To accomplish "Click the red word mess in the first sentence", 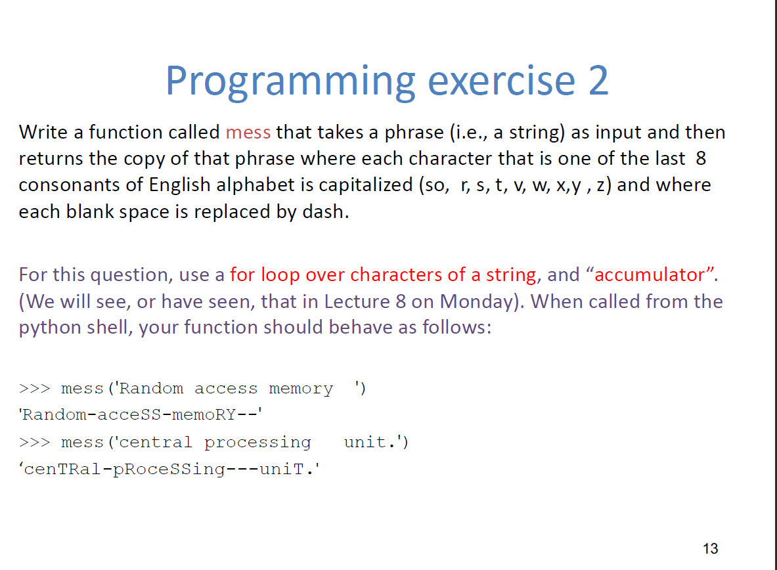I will [248, 133].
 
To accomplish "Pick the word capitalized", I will [366, 185].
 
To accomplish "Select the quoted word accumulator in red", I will [653, 274].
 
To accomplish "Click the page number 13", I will [710, 548].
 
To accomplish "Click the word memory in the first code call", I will [301, 389].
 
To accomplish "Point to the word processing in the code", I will [257, 443].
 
